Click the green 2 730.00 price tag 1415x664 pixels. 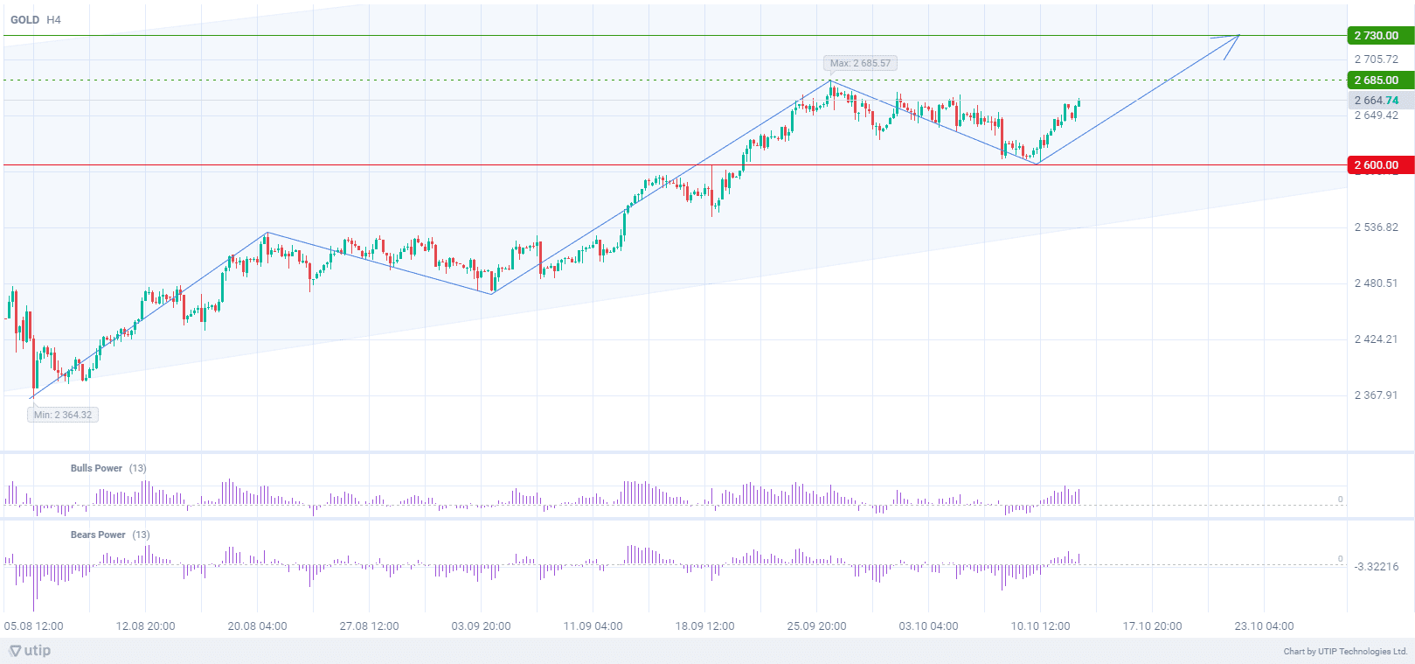click(1378, 36)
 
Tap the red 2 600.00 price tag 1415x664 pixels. click(1378, 165)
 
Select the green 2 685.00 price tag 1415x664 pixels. click(1378, 80)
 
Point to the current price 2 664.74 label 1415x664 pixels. click(1377, 101)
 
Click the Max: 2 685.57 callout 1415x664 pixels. click(860, 63)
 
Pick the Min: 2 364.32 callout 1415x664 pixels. click(63, 415)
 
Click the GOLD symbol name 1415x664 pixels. click(24, 19)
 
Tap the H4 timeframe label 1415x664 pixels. click(53, 19)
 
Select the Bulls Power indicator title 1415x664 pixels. click(96, 468)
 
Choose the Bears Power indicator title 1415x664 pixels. click(98, 535)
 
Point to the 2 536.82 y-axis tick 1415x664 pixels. click(1376, 227)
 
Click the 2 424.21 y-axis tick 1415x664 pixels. click(1376, 339)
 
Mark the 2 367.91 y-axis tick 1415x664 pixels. click(1376, 395)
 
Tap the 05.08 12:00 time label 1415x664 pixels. click(34, 626)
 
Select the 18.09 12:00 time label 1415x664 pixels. click(704, 626)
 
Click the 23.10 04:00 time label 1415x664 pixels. click(1264, 626)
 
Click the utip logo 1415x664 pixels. click(30, 651)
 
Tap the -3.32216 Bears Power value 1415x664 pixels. click(1376, 567)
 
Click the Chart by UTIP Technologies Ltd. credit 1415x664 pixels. click(1345, 652)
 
